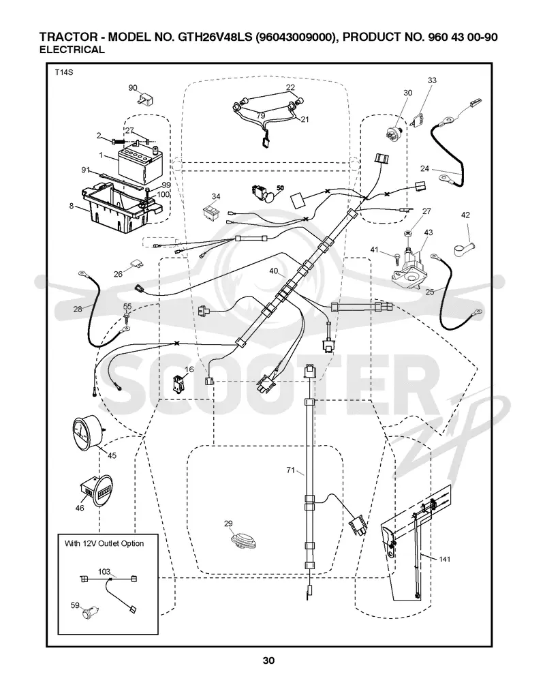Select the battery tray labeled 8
click(x=119, y=206)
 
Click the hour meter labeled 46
click(x=95, y=491)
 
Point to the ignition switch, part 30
click(x=394, y=133)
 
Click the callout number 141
click(x=445, y=559)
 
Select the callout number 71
click(x=291, y=470)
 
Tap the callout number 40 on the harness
click(x=274, y=271)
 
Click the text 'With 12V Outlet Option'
click(x=104, y=543)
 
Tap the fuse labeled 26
click(x=138, y=266)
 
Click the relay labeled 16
click(x=179, y=384)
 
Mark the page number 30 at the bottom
click(x=268, y=660)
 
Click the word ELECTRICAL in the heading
click(x=72, y=50)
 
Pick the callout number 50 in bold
click(x=280, y=188)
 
